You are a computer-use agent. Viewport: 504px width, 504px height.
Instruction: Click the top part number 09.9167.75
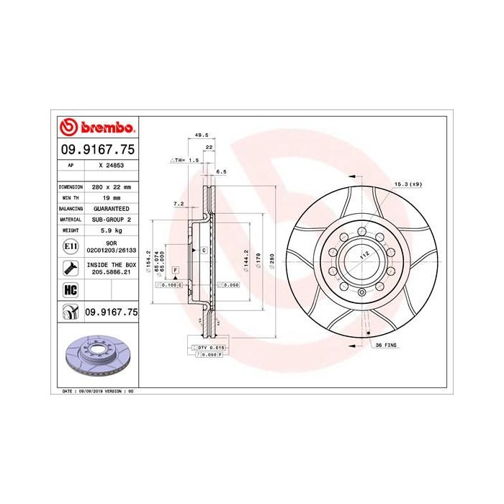(96, 151)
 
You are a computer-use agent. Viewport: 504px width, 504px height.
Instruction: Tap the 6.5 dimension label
(221, 172)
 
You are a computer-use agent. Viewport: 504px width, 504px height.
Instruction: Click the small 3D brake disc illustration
(96, 356)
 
